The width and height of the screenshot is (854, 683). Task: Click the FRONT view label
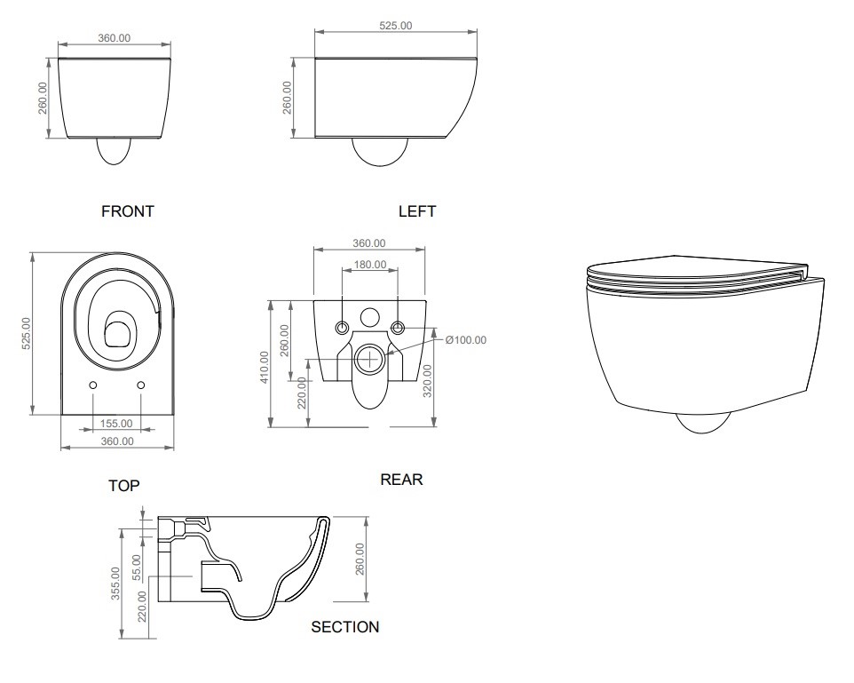click(128, 211)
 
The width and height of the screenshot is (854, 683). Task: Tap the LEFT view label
click(417, 211)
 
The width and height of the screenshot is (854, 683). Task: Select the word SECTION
click(344, 627)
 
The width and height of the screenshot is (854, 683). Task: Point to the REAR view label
click(401, 480)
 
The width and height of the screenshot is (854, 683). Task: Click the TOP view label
click(123, 486)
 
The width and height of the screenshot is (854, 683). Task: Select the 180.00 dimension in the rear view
click(370, 265)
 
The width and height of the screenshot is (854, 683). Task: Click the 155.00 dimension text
click(116, 425)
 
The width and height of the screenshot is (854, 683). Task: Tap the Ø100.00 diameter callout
click(465, 340)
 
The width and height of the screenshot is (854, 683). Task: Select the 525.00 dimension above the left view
click(395, 26)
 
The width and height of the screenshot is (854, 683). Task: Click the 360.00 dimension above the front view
click(114, 38)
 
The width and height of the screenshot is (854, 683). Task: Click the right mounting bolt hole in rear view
click(398, 328)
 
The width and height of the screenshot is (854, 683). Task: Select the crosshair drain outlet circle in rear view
click(368, 359)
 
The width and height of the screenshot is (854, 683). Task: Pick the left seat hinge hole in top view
click(93, 385)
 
